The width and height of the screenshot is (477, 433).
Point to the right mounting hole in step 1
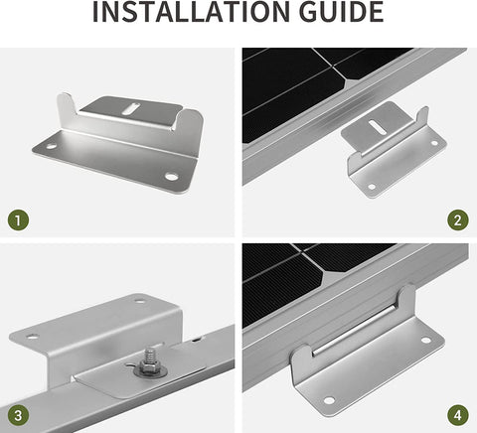coord(171,178)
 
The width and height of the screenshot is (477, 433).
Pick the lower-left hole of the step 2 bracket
coord(371,185)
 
